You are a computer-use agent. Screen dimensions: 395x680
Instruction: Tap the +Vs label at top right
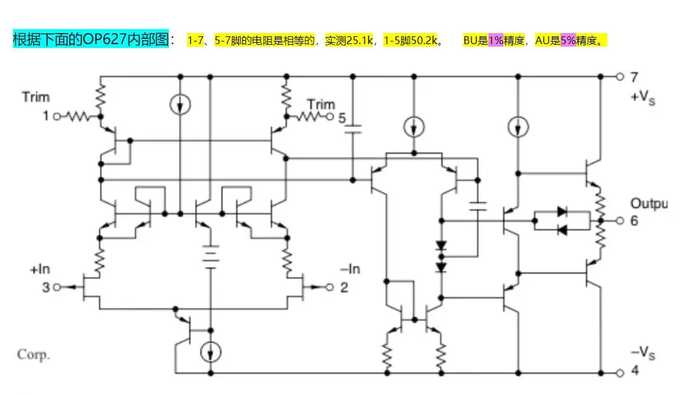(x=642, y=99)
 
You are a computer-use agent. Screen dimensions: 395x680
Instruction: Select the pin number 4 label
(x=635, y=372)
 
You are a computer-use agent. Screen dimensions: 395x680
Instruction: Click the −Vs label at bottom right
(x=642, y=353)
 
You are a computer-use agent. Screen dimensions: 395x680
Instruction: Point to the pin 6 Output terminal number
(x=634, y=221)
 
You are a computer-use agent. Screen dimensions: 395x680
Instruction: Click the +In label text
(x=40, y=269)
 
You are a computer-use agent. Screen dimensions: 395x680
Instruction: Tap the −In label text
(x=350, y=269)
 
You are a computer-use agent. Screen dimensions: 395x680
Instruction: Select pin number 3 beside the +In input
(x=46, y=287)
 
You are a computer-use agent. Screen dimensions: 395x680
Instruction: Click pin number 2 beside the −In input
(x=344, y=287)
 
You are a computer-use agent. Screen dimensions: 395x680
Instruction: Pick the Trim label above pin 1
(x=35, y=97)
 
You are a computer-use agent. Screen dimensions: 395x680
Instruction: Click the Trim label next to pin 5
(x=321, y=104)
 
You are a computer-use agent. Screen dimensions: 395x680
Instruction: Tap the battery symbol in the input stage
(x=210, y=256)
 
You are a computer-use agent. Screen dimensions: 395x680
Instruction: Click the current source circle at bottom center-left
(x=210, y=352)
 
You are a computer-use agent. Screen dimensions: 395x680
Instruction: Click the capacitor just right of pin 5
(x=352, y=131)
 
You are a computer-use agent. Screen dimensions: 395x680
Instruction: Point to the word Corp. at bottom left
(x=33, y=355)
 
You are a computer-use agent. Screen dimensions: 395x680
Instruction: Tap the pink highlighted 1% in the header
(x=496, y=41)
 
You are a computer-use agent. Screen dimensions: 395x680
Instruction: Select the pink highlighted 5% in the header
(x=568, y=41)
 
